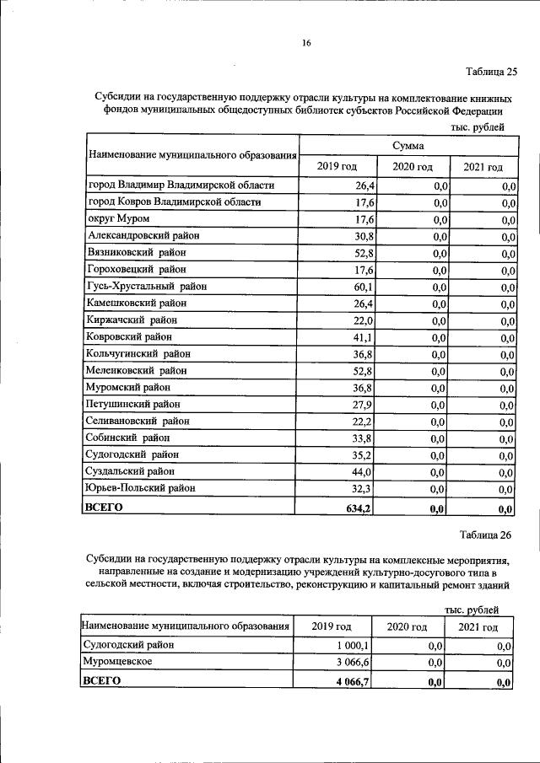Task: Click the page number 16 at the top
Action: point(307,43)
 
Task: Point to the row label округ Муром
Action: point(119,219)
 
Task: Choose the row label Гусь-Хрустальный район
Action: point(147,287)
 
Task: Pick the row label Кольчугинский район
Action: point(138,354)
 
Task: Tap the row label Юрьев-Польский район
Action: point(139,489)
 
